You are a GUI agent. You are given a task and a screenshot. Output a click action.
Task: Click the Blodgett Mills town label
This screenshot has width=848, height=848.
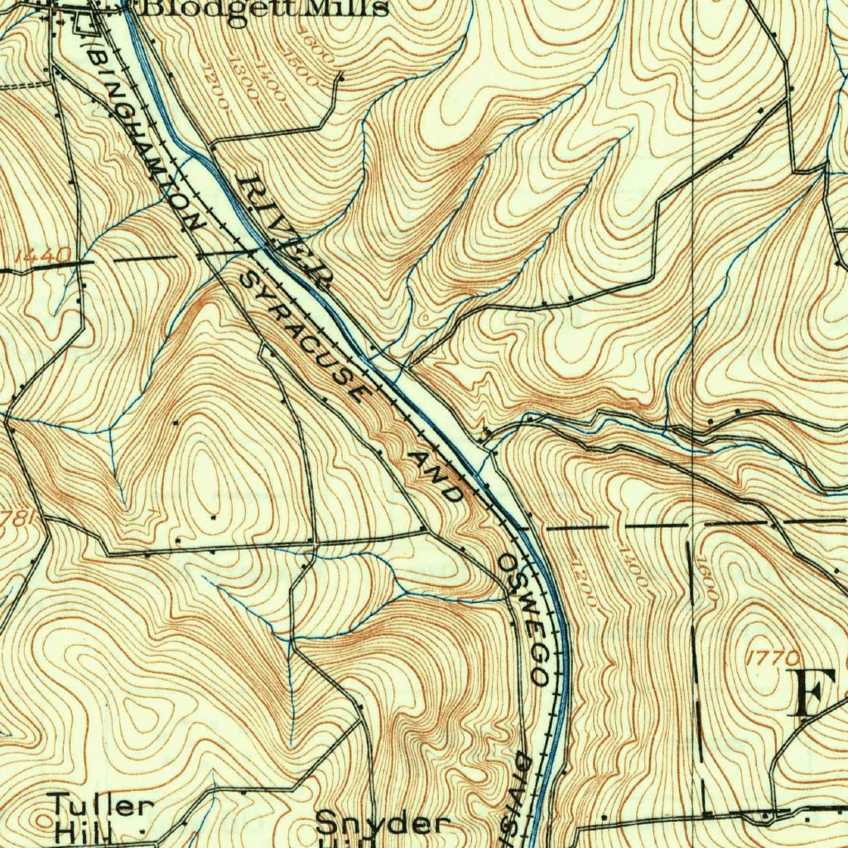tap(265, 8)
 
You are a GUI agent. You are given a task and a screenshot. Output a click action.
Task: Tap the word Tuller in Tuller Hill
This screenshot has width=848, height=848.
tap(100, 804)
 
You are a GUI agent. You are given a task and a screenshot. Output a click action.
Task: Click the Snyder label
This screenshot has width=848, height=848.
tap(383, 824)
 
